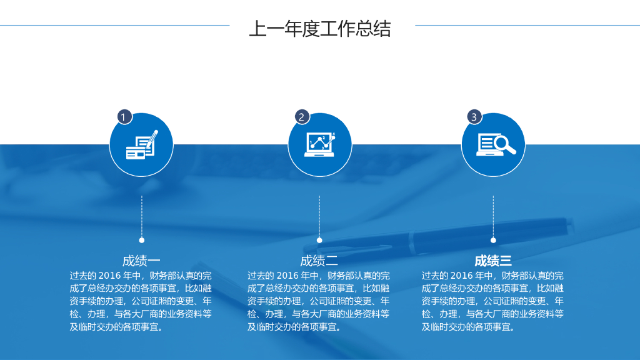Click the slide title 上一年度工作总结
pos(319,29)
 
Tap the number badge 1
pos(124,117)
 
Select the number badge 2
pos(302,117)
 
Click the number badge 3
pos(474,117)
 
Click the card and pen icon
pos(141,145)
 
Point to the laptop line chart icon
pos(319,145)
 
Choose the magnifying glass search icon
pos(494,145)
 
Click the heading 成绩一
pos(141,261)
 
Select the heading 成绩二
pos(319,261)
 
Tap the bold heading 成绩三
pos(493,261)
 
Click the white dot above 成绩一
pos(142,240)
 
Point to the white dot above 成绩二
pos(319,240)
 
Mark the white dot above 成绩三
pos(493,240)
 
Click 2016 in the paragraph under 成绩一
pos(109,276)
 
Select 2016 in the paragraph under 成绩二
pos(287,276)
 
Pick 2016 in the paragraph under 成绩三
pos(461,276)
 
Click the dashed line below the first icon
pos(142,216)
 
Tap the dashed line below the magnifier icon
pos(493,216)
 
